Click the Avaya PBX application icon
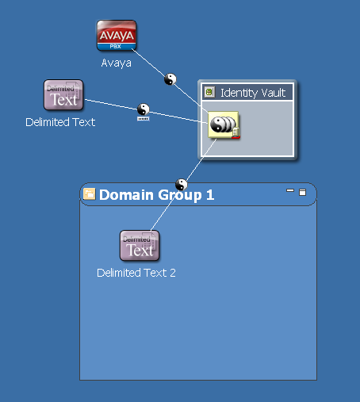coord(117,35)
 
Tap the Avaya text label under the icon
coord(117,63)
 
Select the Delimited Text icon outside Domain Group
coord(63,94)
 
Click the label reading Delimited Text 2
coord(136,273)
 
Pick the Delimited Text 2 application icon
coord(140,245)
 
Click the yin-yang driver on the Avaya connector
coord(170,79)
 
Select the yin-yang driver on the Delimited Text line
coord(144,109)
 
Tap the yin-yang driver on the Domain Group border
coord(182,185)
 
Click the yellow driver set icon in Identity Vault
coord(224,124)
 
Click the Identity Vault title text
coord(253,93)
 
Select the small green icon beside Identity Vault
coord(209,92)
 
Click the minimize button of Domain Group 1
coord(290,190)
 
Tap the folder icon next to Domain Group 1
coord(90,194)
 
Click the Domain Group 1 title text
coord(156,195)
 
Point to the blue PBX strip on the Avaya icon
coord(117,47)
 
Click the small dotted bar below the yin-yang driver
coord(144,119)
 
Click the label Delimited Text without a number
coord(60,122)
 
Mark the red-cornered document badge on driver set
coord(236,132)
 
